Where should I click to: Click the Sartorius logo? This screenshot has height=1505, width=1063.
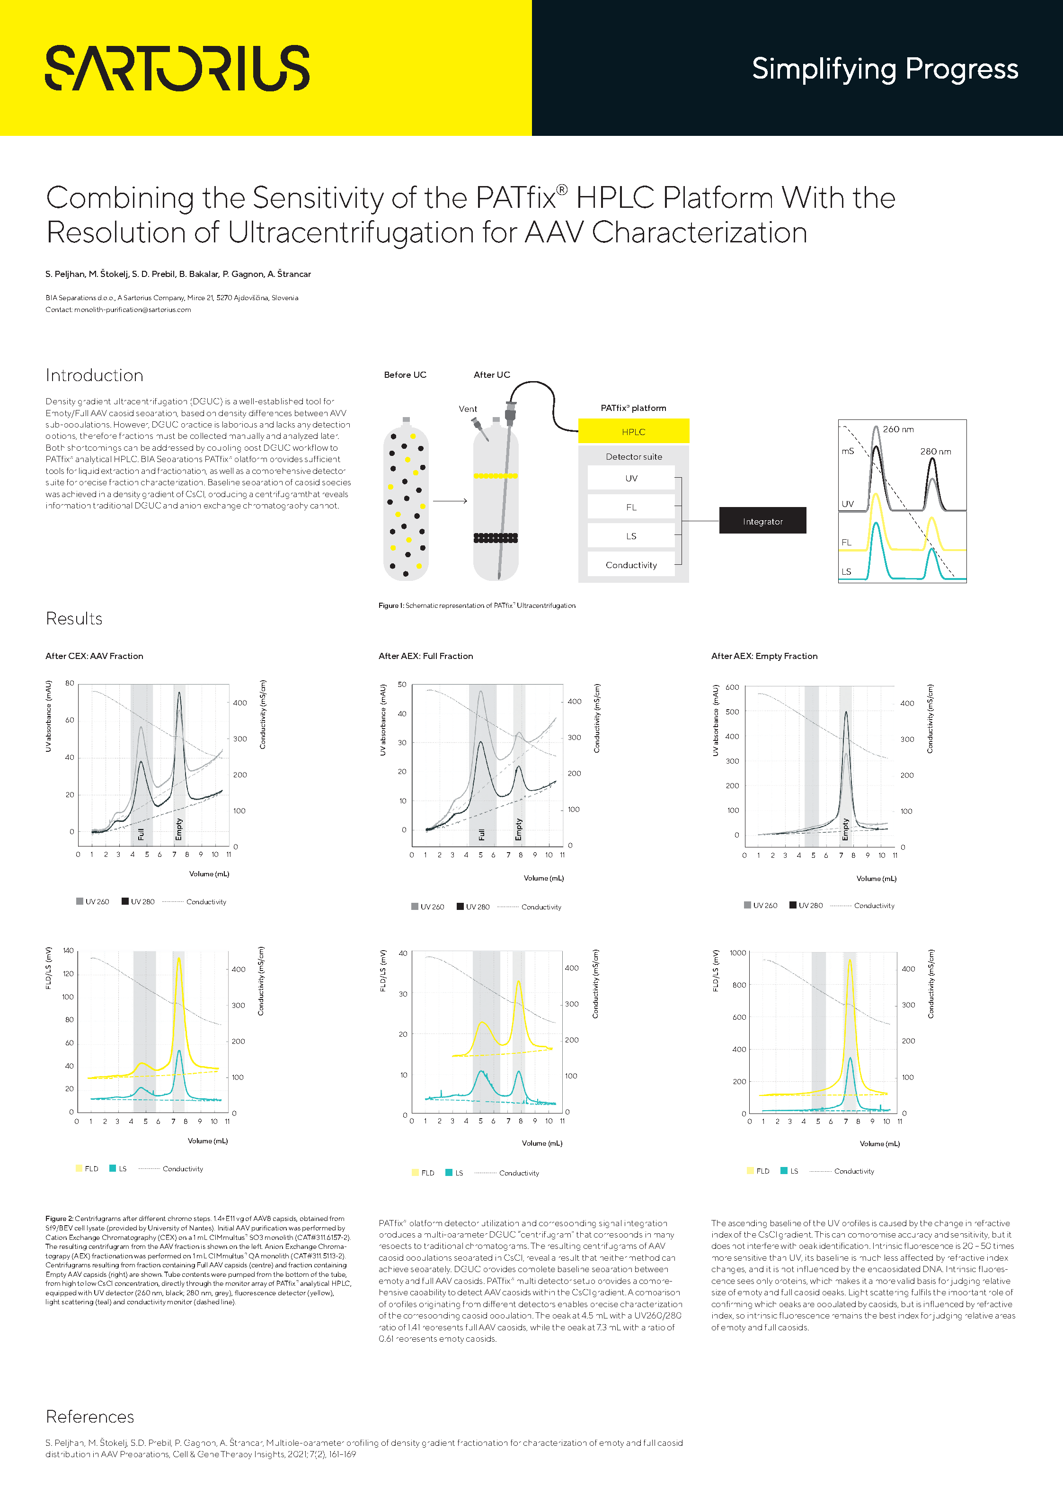point(177,68)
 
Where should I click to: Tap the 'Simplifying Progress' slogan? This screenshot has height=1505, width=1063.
point(884,69)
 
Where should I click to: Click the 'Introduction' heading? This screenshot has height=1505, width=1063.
point(94,375)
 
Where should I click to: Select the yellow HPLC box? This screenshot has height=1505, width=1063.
point(633,431)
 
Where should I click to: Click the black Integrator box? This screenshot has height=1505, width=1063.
point(762,521)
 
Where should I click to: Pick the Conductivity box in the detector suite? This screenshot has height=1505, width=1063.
point(630,564)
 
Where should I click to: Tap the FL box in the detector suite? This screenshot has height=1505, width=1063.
point(630,507)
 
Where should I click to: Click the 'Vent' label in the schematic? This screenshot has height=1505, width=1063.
point(467,409)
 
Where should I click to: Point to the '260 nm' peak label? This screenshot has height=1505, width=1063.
point(898,429)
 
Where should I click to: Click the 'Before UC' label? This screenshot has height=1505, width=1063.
point(405,375)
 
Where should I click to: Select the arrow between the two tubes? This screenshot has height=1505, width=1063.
point(450,501)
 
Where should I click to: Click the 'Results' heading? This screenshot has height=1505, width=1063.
point(74,619)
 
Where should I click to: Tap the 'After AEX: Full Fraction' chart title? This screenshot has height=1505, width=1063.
point(425,656)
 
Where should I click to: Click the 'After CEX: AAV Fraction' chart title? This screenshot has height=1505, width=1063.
point(94,656)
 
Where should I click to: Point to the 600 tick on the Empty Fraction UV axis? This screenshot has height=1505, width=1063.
point(732,687)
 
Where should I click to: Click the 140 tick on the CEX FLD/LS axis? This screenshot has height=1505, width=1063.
point(68,951)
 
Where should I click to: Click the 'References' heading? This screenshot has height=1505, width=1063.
point(90,1416)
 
